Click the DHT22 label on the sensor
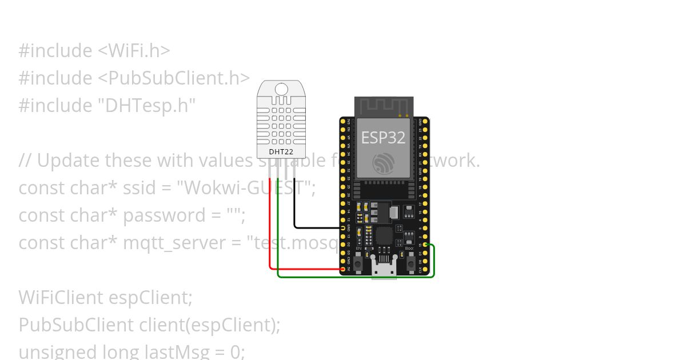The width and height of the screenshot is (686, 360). (x=281, y=152)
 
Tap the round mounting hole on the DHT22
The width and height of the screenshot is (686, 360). (x=281, y=89)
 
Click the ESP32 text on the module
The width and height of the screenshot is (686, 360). (x=383, y=137)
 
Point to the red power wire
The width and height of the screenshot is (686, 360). (x=270, y=229)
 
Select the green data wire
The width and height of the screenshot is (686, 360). (x=354, y=277)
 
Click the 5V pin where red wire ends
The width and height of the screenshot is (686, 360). (x=343, y=269)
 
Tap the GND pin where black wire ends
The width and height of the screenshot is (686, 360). (x=343, y=227)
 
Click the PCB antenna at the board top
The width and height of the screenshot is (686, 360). (x=383, y=106)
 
